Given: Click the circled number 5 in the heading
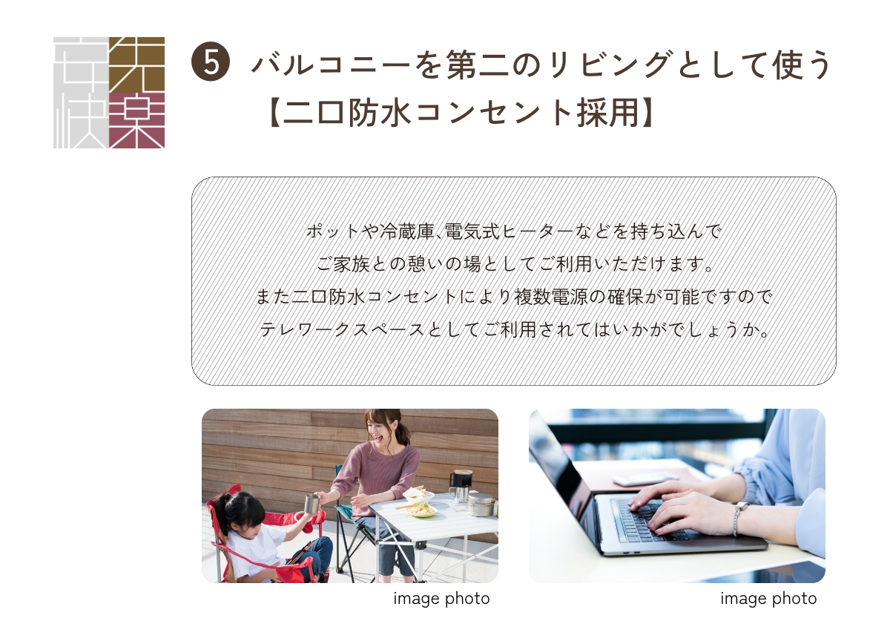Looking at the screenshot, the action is point(210,62).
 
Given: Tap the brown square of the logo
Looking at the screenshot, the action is point(136,65).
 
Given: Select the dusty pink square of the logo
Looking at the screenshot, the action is point(136,120).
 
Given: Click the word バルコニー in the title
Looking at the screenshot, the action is point(331,65).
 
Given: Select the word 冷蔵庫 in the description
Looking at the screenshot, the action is point(406,231).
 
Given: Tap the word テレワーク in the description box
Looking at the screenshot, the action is point(305,329).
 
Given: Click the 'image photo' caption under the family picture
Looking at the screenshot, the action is point(441,599).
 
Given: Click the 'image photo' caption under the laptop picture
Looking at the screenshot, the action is point(768,599).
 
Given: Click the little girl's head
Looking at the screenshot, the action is point(242,513).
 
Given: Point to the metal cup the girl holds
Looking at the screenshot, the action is point(312,504).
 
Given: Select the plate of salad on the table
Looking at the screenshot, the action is point(421,509).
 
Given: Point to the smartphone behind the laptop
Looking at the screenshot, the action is point(645,479).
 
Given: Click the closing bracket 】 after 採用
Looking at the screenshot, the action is point(647,113).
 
